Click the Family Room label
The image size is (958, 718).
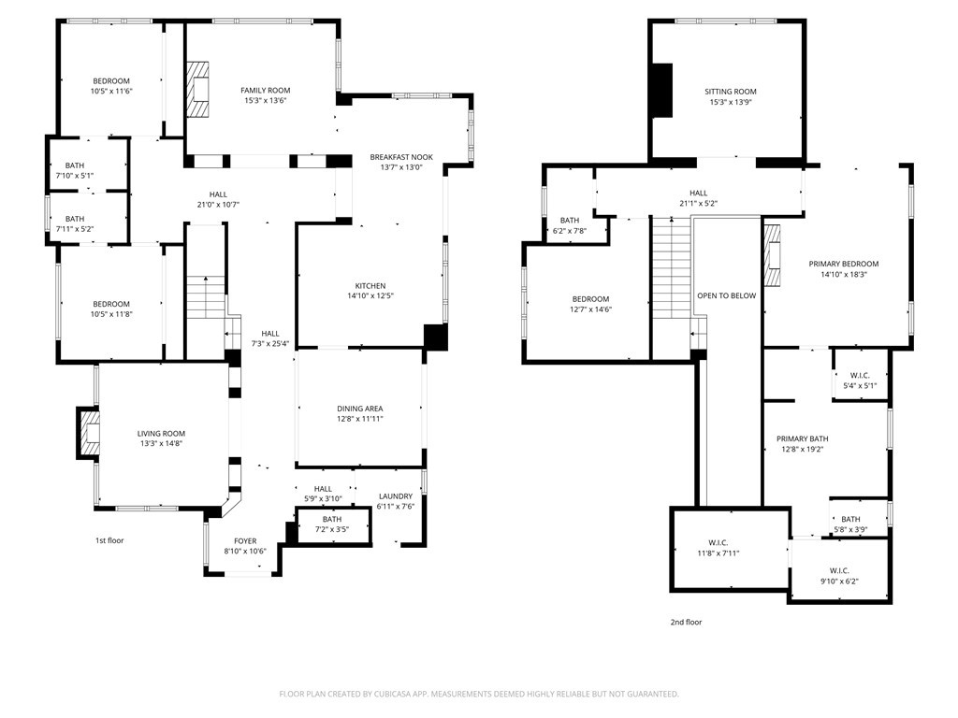tap(265, 91)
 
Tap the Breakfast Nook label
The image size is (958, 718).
tap(401, 157)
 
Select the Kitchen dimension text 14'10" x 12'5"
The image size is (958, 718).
tap(370, 296)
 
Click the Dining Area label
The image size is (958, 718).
tap(360, 409)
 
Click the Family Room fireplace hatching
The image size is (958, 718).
tap(197, 89)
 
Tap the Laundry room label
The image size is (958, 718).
tap(396, 496)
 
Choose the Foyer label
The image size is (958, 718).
tap(245, 541)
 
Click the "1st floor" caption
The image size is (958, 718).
tap(109, 540)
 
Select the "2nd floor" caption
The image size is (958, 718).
tap(686, 622)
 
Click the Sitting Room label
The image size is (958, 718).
tap(730, 92)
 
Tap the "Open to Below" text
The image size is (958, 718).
tap(726, 295)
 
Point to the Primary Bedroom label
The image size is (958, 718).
tap(844, 264)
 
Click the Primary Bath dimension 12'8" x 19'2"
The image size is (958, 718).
tap(802, 450)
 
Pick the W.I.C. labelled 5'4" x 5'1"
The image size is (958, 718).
tap(860, 376)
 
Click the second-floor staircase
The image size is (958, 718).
tap(672, 267)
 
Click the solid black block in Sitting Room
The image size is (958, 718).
tap(662, 91)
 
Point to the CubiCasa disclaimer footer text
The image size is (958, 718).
tap(479, 694)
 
